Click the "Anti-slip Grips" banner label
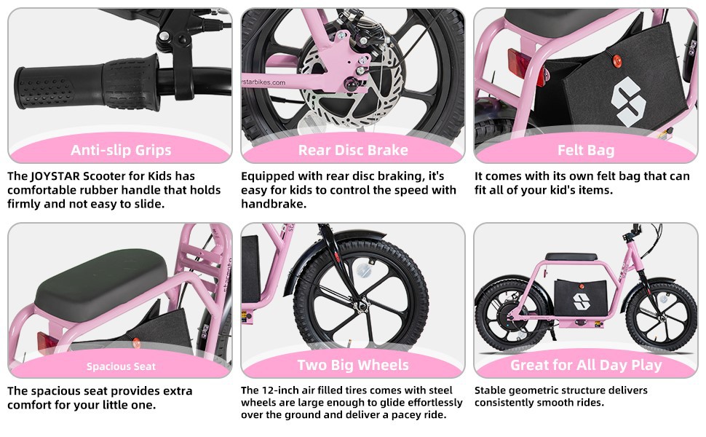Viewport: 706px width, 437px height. [121, 150]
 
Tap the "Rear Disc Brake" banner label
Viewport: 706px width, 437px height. [353, 150]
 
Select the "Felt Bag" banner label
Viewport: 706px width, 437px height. [586, 150]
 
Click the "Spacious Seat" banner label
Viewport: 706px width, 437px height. [121, 366]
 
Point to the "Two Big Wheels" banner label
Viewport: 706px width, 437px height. [353, 365]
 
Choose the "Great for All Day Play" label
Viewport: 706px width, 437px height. [586, 365]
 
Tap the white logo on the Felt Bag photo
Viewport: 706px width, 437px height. [628, 101]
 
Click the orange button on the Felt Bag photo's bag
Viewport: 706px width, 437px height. [617, 61]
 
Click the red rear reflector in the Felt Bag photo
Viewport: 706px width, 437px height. [523, 66]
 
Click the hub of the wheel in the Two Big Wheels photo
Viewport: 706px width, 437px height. [362, 307]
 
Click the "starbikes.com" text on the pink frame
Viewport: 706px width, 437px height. [264, 82]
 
